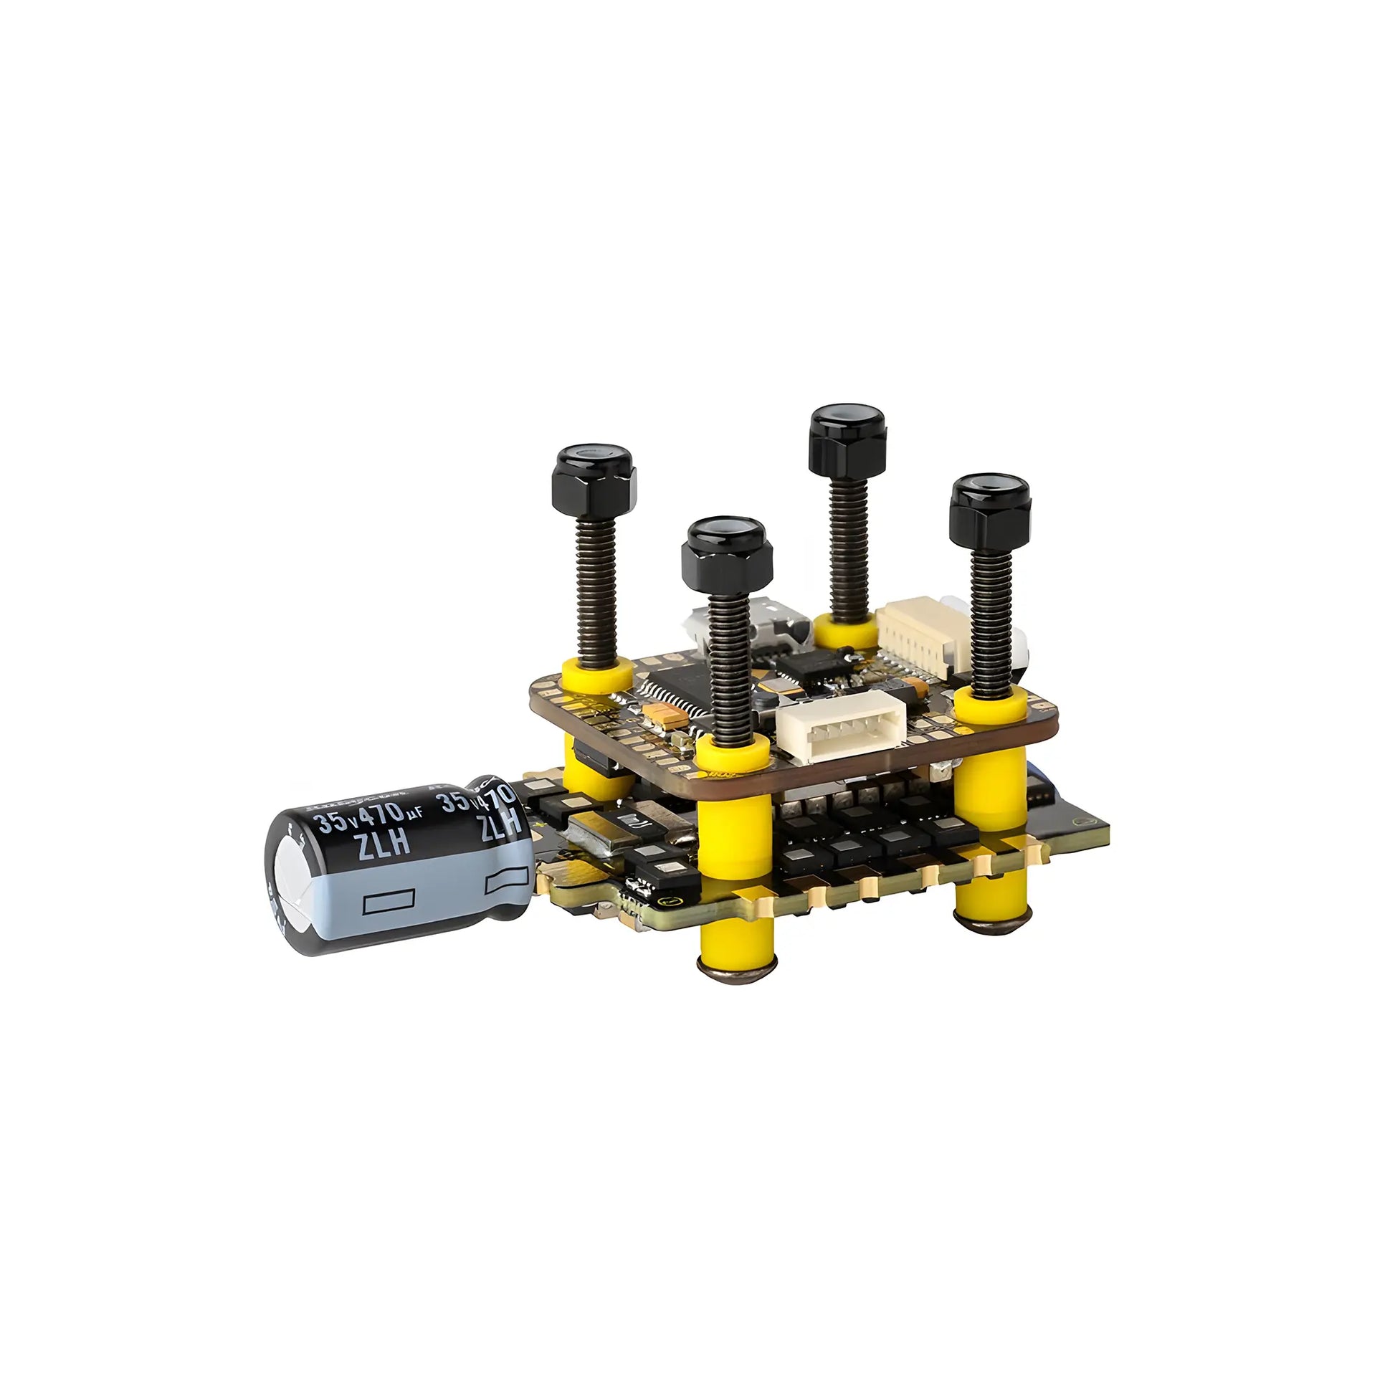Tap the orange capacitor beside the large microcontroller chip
point(659,713)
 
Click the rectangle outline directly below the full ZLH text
point(390,903)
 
